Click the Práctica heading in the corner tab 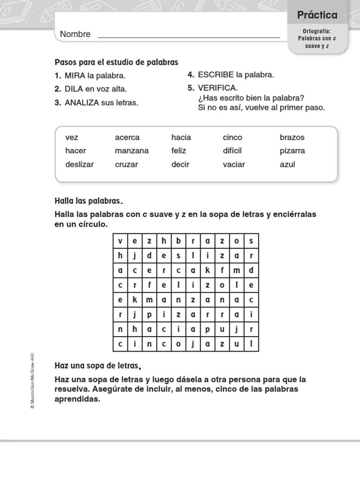pos(317,15)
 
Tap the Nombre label pos(75,34)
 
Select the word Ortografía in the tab pos(317,31)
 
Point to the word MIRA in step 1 pos(75,75)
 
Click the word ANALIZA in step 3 pos(82,103)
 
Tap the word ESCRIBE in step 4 pos(216,75)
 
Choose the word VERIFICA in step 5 pos(217,88)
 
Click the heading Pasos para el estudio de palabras pos(116,62)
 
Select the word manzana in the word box pos(132,151)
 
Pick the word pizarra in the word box pos(292,151)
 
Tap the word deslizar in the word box pos(80,165)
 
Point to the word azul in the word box pos(287,165)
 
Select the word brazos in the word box pos(292,137)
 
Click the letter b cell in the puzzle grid pos(178,241)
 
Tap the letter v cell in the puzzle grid pos(120,241)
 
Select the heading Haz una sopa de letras pos(97,366)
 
